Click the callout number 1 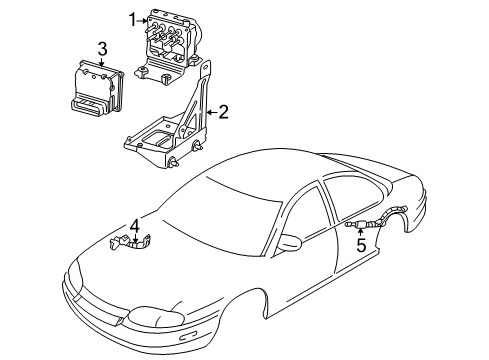tap(131, 18)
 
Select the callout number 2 tap(223, 112)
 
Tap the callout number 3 tap(102, 48)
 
